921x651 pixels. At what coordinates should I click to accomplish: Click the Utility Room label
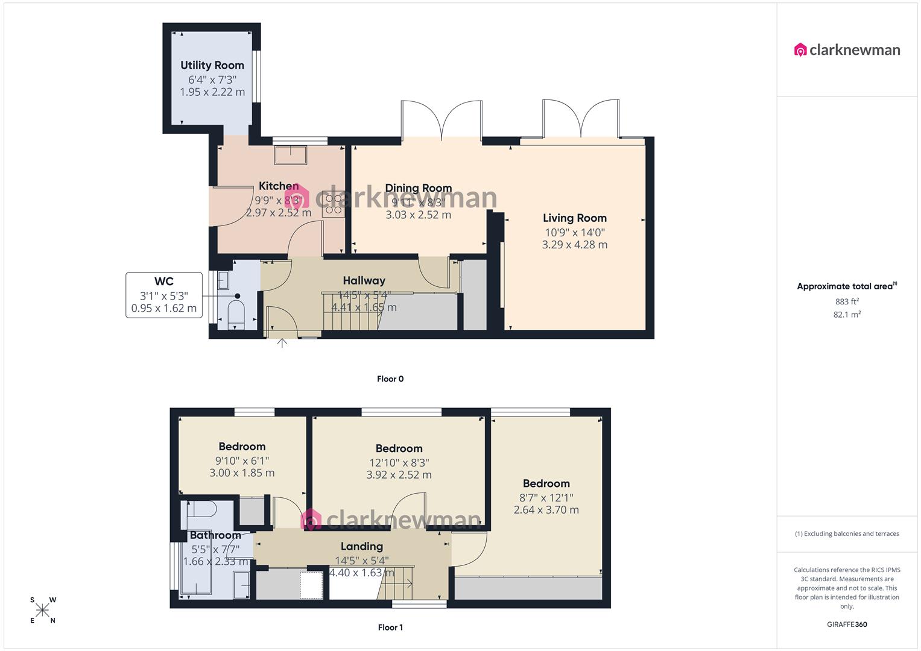pyautogui.click(x=212, y=65)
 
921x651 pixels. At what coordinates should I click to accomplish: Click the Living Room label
pyautogui.click(x=574, y=218)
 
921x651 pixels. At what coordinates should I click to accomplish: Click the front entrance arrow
pyautogui.click(x=282, y=343)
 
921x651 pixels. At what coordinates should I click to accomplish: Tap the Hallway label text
pyautogui.click(x=364, y=280)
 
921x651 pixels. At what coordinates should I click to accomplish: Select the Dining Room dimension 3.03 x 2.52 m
pyautogui.click(x=418, y=215)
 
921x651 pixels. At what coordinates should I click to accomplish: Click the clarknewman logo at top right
pyautogui.click(x=847, y=50)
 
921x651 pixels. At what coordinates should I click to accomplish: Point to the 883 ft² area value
pyautogui.click(x=847, y=301)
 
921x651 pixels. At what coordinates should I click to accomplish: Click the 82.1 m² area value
pyautogui.click(x=847, y=315)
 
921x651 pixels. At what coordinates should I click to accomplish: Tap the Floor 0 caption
pyautogui.click(x=390, y=379)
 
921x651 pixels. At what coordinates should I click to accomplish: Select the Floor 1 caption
pyautogui.click(x=390, y=627)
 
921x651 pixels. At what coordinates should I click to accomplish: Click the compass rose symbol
pyautogui.click(x=43, y=611)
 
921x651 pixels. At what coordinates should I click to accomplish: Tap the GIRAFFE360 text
pyautogui.click(x=847, y=624)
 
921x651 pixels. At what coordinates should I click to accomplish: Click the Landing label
pyautogui.click(x=362, y=547)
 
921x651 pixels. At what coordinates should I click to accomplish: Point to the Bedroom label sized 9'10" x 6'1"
pyautogui.click(x=242, y=447)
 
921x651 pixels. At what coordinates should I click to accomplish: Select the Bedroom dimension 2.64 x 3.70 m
pyautogui.click(x=546, y=510)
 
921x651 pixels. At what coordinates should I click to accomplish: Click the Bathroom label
pyautogui.click(x=215, y=535)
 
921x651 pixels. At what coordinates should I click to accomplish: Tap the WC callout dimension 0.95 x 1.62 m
pyautogui.click(x=164, y=309)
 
